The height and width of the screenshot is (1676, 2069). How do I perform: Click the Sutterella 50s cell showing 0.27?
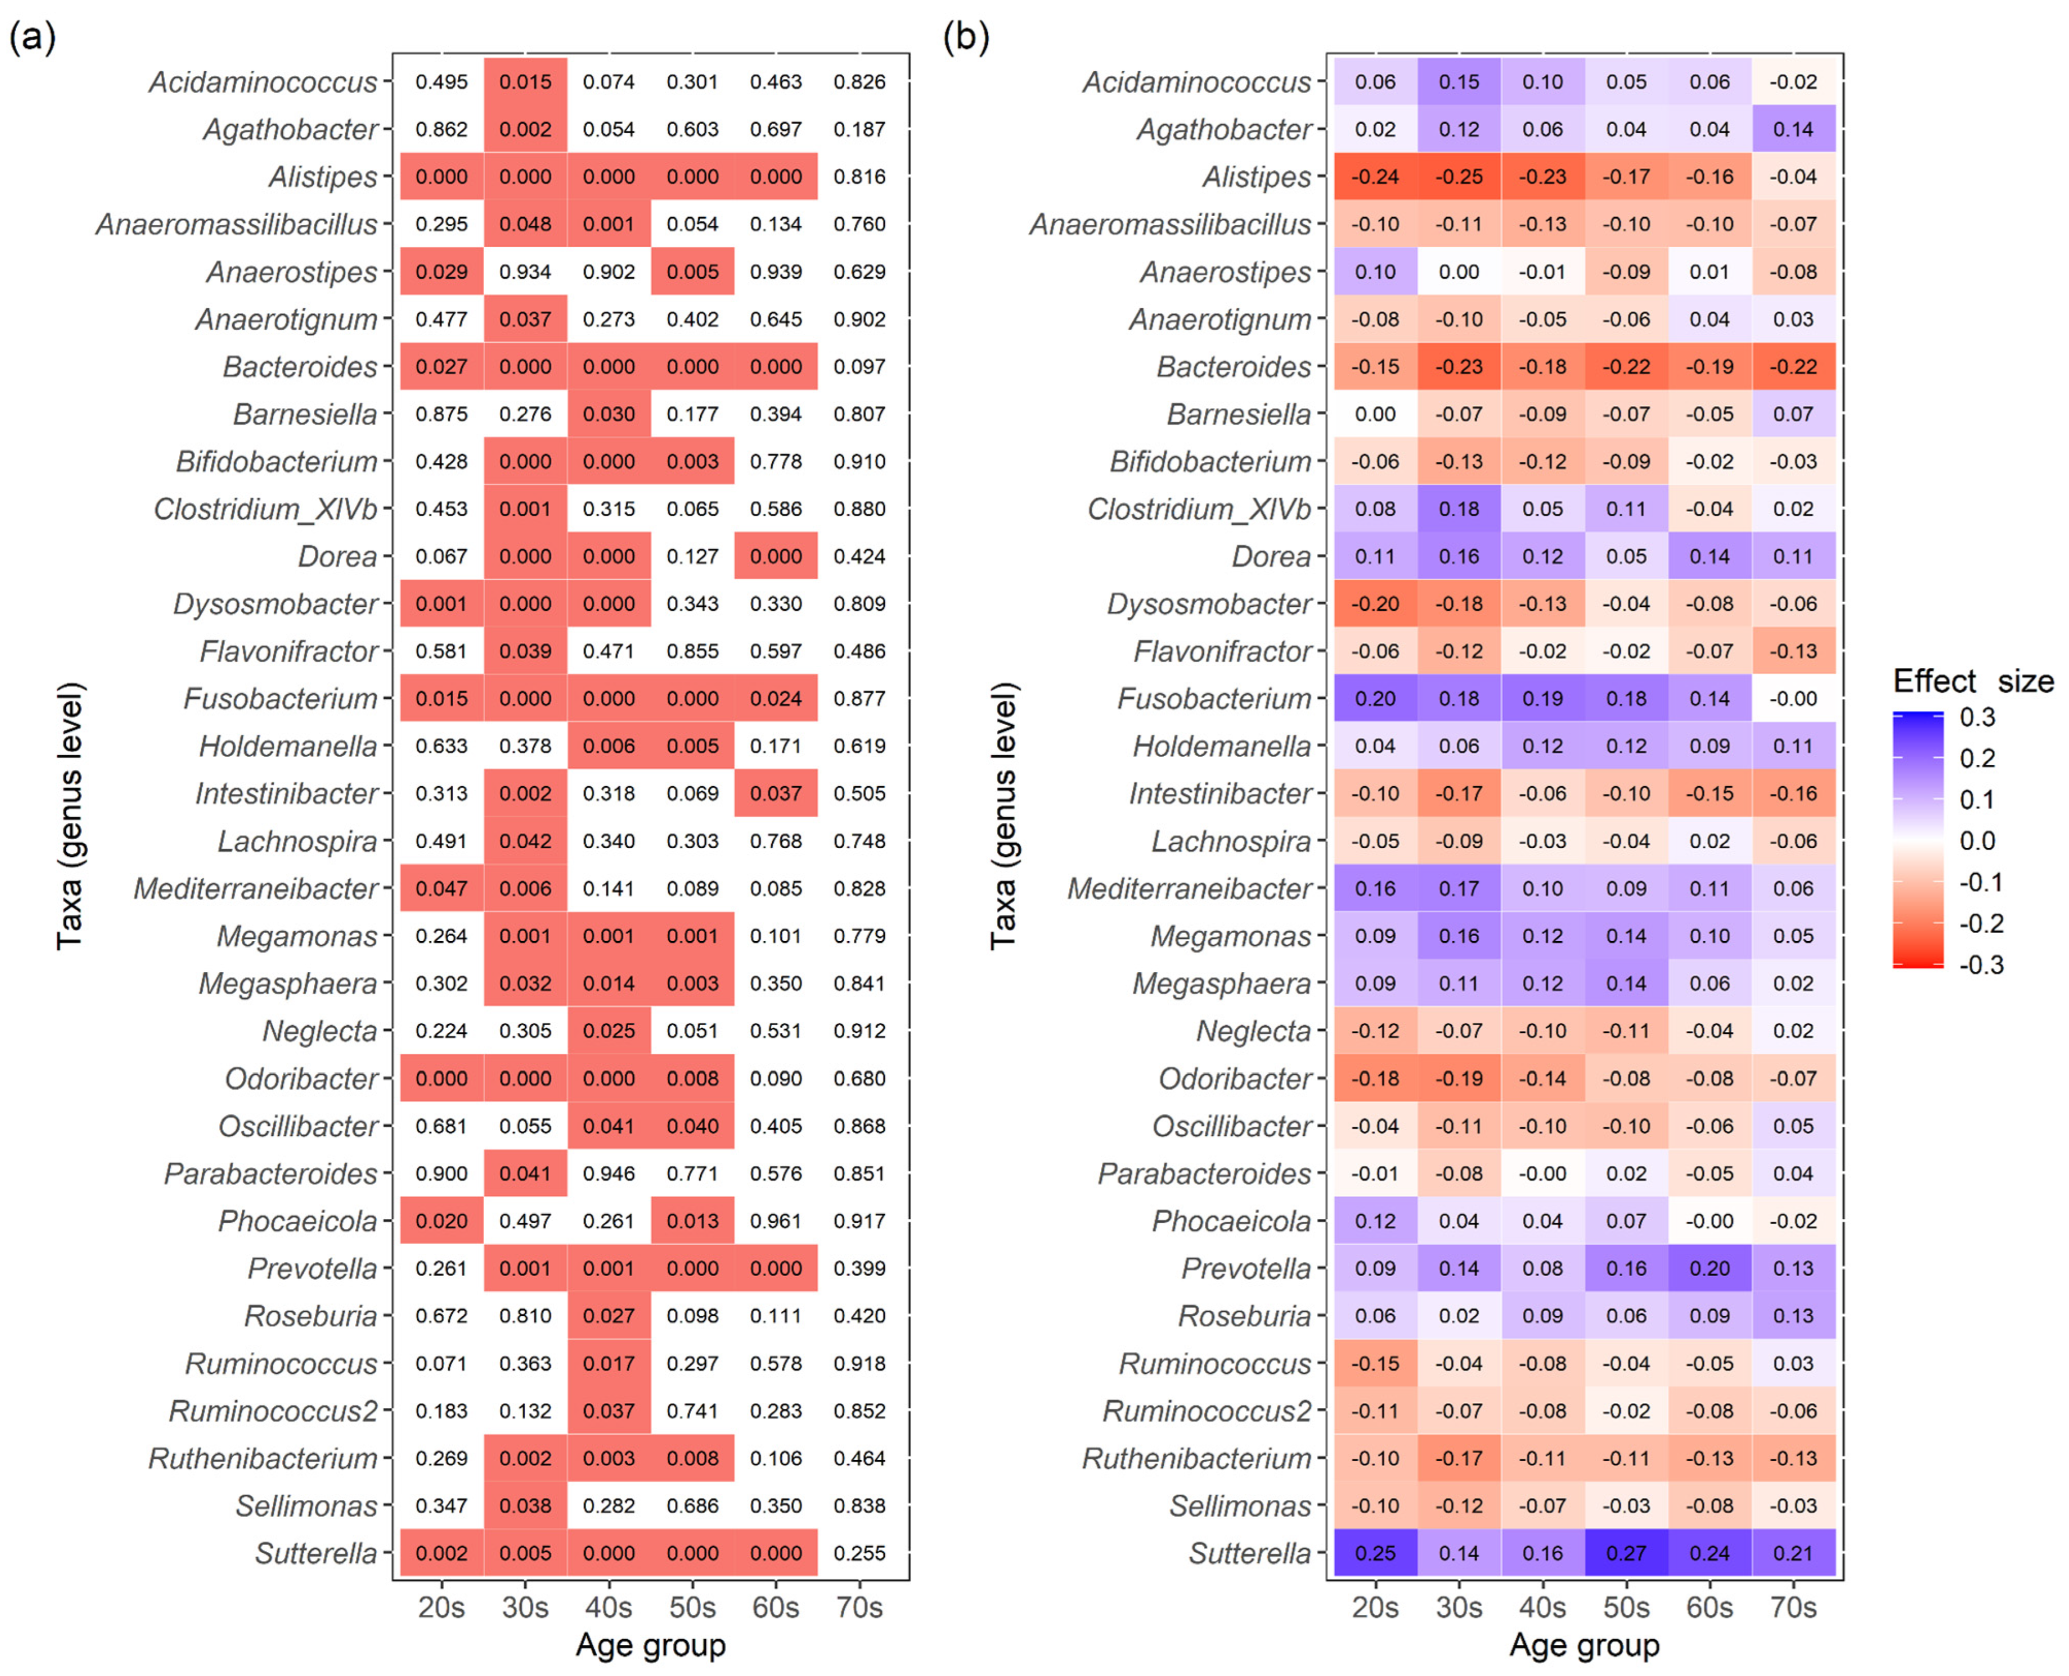[x=1626, y=1553]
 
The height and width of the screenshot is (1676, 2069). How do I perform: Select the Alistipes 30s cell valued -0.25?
[x=1458, y=177]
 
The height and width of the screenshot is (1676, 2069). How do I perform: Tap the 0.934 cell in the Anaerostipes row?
[x=525, y=271]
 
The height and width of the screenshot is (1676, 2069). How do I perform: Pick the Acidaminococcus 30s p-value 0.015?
[x=525, y=82]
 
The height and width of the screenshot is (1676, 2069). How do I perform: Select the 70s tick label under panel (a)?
[x=859, y=1607]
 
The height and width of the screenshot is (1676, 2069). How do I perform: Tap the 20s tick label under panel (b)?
[x=1375, y=1607]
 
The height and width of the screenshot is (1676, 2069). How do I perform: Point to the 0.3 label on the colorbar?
[x=1976, y=717]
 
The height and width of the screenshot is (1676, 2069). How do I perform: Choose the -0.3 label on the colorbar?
[x=1980, y=965]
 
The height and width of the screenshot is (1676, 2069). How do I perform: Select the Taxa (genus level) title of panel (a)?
[x=70, y=816]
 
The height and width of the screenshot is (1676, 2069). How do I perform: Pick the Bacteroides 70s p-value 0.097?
[x=859, y=367]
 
